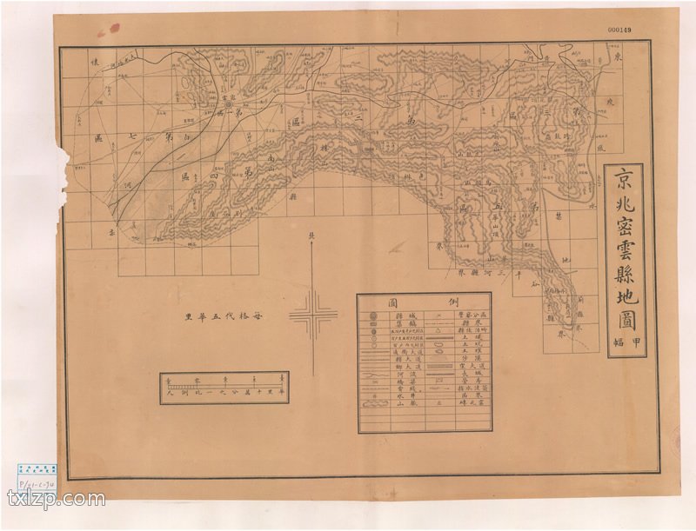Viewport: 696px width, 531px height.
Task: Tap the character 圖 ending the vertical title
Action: point(625,318)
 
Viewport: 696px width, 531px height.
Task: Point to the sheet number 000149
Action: point(619,30)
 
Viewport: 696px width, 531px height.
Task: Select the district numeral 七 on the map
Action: point(132,137)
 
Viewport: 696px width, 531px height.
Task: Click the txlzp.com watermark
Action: point(56,499)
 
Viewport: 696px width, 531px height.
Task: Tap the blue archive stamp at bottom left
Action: point(37,468)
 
